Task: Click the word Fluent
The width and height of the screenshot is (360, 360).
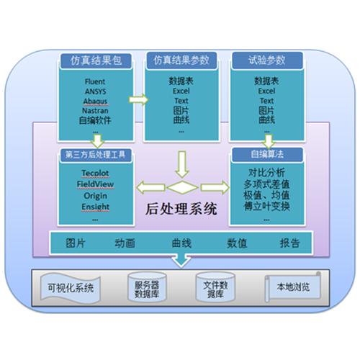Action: tap(95, 81)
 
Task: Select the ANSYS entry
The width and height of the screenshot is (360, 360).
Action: tap(95, 91)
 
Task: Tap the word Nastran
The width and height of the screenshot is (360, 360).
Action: tap(95, 111)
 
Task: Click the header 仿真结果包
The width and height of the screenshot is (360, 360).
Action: tap(96, 60)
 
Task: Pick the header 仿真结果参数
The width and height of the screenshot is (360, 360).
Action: tap(181, 60)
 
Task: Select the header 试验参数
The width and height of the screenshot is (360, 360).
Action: tap(267, 60)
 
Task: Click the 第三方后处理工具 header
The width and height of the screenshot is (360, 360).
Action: tap(96, 155)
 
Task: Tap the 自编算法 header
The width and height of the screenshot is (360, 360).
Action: tap(267, 154)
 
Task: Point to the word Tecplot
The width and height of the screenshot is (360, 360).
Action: tap(95, 173)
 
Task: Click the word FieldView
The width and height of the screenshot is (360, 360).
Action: tap(95, 184)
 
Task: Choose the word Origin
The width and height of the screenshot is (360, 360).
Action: tap(95, 196)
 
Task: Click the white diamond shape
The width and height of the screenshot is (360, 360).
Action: tap(182, 187)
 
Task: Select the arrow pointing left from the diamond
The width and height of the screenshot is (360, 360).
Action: tap(150, 187)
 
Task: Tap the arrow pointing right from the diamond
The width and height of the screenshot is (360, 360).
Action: tap(215, 187)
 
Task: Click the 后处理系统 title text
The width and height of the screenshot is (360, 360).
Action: tap(181, 209)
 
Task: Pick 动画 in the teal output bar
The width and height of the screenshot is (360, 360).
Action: tap(125, 243)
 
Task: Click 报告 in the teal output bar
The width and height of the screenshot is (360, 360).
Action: tap(290, 243)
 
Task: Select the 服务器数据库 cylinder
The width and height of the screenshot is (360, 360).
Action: tap(147, 287)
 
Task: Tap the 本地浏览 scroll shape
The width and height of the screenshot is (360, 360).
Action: tap(293, 287)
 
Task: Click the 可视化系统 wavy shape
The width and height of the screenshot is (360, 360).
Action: tap(71, 288)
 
